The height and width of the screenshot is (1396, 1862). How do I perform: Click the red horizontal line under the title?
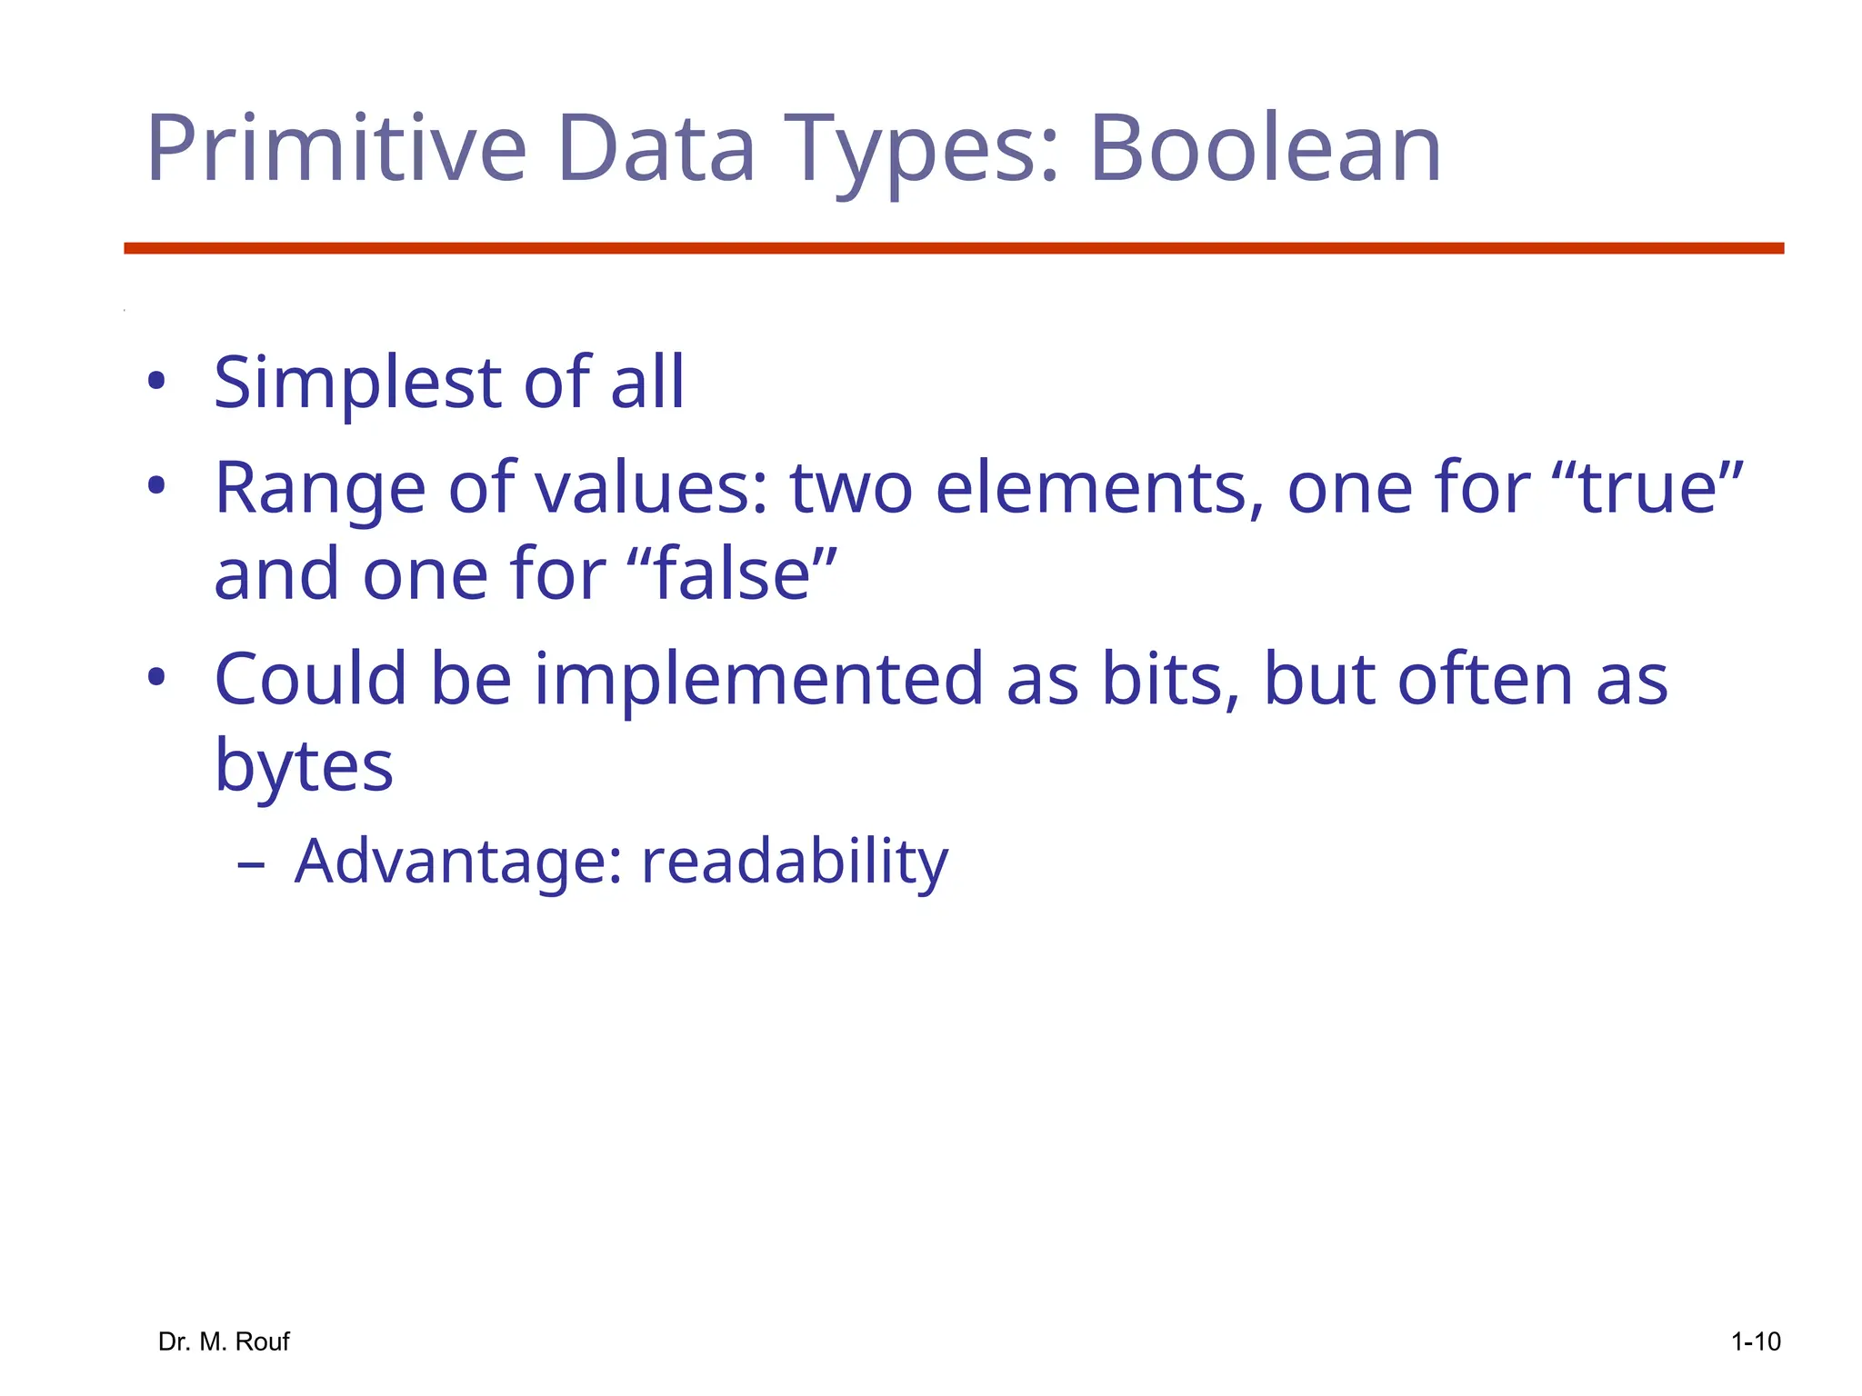pos(953,248)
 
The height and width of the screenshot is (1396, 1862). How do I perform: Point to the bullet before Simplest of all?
pos(156,381)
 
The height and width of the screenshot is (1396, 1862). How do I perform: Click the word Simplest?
pos(357,384)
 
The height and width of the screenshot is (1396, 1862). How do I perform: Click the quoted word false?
pos(732,574)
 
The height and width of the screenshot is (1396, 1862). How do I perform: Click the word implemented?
pos(758,680)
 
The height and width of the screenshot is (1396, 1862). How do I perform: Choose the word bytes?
pos(304,766)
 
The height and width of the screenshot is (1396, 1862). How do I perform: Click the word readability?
pos(795,861)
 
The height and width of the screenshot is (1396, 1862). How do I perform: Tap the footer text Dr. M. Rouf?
pos(224,1341)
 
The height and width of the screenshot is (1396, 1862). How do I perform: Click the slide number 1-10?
pos(1755,1341)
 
